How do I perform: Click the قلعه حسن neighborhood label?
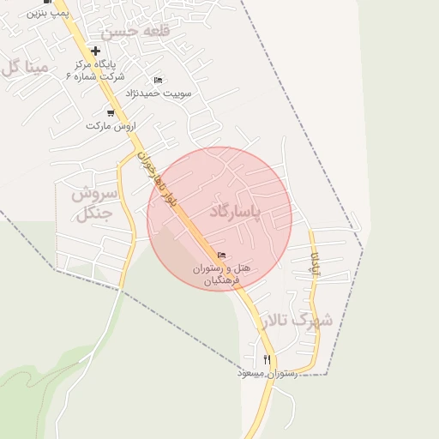(135, 33)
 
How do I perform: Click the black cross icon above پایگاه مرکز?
(95, 51)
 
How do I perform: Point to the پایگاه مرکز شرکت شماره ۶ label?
(94, 69)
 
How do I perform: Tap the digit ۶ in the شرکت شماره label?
(69, 75)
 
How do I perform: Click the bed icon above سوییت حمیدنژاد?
(158, 80)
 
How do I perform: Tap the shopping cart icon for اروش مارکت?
(111, 113)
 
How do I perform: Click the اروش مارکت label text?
(111, 126)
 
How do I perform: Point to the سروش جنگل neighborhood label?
(87, 203)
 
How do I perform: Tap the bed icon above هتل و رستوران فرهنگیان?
(222, 255)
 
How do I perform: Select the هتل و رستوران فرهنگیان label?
(222, 274)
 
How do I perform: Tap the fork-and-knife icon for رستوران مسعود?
(268, 360)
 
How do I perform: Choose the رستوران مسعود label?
(268, 375)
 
